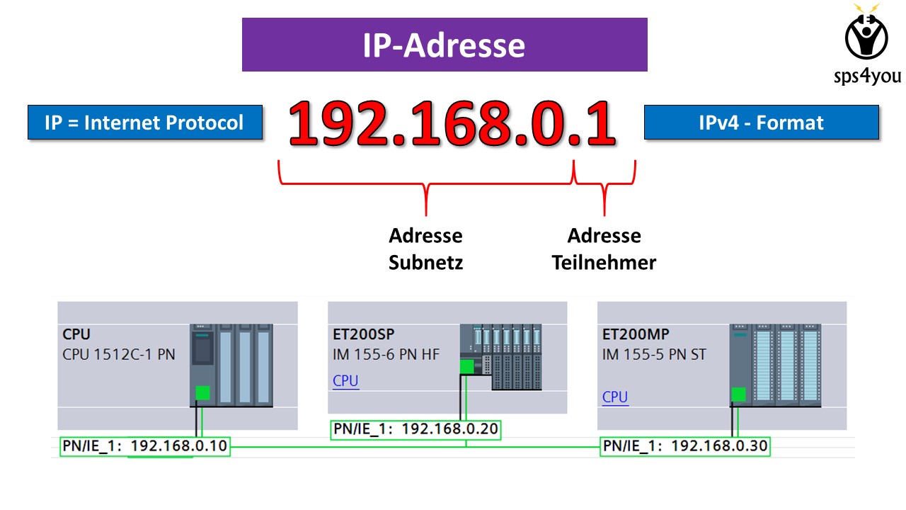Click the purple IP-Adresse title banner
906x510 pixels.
point(445,45)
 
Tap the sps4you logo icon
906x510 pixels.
point(866,33)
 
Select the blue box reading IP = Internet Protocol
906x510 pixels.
point(144,123)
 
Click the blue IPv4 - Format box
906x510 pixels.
point(761,123)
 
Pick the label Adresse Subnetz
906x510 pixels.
point(425,249)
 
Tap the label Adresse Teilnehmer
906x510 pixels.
point(604,249)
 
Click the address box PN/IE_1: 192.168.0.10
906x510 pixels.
point(144,446)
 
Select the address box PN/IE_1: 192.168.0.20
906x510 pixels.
point(415,429)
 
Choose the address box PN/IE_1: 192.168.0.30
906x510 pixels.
point(684,446)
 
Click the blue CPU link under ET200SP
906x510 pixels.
point(345,380)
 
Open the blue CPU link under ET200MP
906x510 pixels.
point(615,397)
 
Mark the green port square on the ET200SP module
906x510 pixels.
point(466,366)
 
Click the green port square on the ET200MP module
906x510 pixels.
point(739,394)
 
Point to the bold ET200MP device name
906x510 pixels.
point(636,334)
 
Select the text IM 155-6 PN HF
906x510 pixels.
point(386,353)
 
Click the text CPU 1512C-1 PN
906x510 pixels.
point(118,354)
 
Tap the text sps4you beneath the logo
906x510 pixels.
point(866,76)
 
